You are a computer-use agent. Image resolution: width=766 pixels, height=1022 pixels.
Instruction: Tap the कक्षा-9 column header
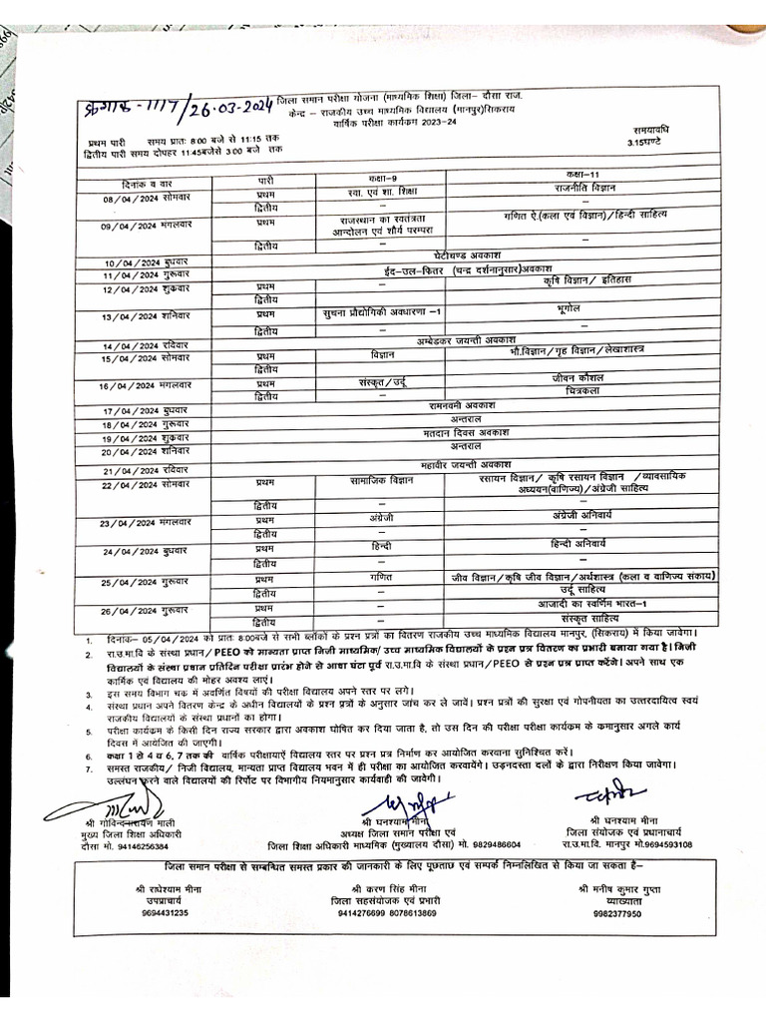click(378, 177)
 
